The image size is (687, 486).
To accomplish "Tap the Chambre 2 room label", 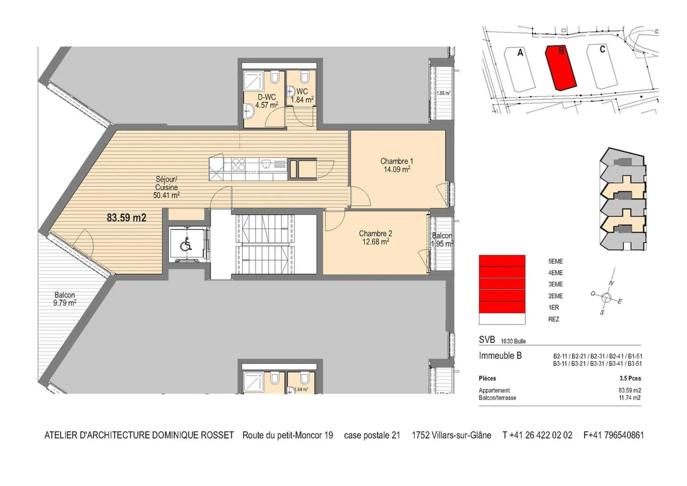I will tap(375, 237).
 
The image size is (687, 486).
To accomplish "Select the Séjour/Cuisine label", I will tap(166, 187).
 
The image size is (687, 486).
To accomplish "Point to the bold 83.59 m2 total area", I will tap(126, 218).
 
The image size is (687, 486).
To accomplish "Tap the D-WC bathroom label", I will tap(266, 101).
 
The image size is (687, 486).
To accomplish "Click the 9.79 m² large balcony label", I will tap(65, 299).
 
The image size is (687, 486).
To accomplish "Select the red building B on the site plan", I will tap(561, 67).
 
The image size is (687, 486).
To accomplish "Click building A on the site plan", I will tap(520, 69).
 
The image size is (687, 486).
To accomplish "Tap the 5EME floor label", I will tap(555, 262).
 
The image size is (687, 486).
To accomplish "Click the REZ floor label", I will tap(553, 319).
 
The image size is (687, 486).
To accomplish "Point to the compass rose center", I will tap(606, 298).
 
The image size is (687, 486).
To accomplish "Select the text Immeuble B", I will tap(500, 356).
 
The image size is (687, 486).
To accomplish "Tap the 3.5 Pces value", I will tap(630, 379).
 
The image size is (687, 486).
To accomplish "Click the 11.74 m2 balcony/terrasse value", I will tap(629, 398).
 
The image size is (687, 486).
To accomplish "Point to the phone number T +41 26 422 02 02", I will tap(537, 435).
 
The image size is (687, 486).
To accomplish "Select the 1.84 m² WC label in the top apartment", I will tap(302, 95).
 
